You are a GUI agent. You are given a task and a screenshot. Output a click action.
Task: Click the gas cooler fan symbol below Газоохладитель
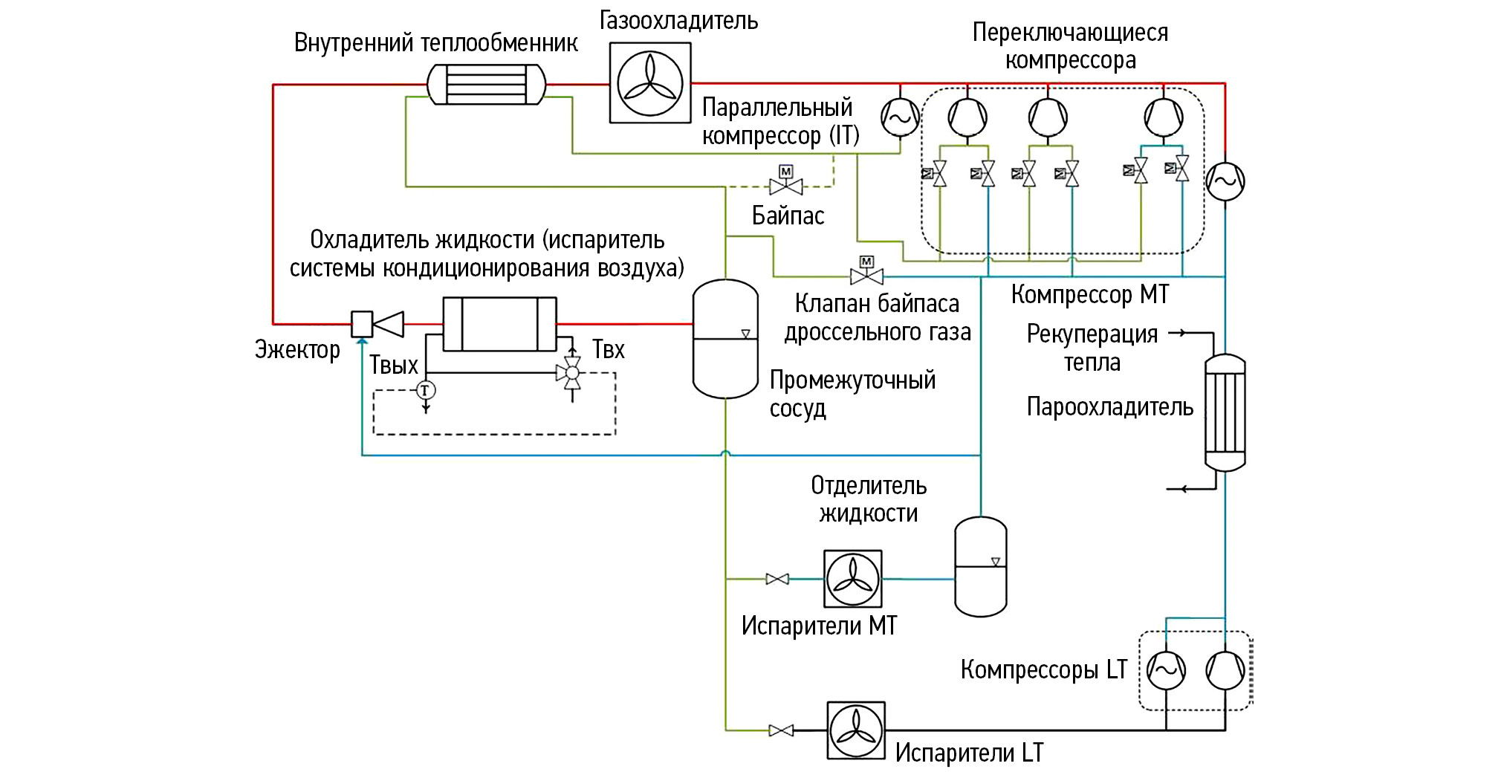(650, 82)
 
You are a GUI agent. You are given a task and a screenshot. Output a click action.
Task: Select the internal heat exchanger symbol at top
(487, 84)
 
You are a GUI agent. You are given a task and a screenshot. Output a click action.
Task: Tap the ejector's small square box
(362, 324)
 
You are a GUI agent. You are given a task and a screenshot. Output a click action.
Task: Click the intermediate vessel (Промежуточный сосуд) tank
(725, 339)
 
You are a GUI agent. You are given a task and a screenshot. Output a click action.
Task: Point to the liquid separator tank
(980, 567)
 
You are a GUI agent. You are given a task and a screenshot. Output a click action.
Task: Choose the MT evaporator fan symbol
(853, 579)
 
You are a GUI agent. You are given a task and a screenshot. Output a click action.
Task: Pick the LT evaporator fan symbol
(856, 730)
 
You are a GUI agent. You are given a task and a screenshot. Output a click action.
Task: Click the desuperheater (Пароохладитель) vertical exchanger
(1225, 412)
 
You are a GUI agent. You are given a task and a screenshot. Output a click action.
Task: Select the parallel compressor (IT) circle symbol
(899, 117)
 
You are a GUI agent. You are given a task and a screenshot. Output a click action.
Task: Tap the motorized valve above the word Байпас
(786, 184)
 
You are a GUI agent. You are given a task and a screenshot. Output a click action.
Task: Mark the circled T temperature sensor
(425, 390)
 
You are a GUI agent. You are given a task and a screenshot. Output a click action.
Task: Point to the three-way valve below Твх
(572, 373)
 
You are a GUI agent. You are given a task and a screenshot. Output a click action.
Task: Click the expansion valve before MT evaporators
(777, 579)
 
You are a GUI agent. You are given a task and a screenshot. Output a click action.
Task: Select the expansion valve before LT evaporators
(780, 730)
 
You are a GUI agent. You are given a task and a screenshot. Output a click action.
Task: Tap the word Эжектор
(297, 350)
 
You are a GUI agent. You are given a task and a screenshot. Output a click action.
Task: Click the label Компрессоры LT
(1043, 670)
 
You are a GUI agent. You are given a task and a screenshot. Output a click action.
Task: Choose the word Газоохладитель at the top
(678, 21)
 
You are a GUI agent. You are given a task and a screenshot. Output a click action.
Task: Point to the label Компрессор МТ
(1090, 295)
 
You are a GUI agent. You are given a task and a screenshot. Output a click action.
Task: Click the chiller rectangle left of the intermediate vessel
(499, 324)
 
